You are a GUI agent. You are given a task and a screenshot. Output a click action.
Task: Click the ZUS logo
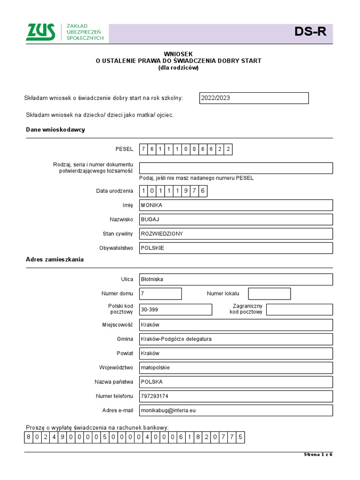tap(41, 32)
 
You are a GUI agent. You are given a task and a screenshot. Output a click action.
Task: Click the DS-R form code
tap(310, 32)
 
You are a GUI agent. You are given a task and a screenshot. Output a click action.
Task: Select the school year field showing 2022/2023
tap(254, 98)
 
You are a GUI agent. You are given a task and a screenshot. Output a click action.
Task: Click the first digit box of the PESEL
tap(144, 150)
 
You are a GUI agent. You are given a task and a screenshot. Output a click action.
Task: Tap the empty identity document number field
tap(236, 168)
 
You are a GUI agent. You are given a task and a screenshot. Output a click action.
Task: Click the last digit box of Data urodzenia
tap(202, 191)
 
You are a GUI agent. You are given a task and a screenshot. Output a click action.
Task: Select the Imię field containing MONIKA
tap(236, 205)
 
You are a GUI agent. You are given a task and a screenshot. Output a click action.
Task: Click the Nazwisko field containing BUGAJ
tap(236, 219)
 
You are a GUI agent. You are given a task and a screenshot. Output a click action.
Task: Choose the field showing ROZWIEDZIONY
tap(236, 233)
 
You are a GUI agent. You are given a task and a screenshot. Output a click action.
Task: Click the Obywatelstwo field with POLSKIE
tap(236, 248)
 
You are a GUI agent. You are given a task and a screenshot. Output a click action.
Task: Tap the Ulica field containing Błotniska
tap(236, 279)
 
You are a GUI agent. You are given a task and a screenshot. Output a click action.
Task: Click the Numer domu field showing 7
tap(160, 293)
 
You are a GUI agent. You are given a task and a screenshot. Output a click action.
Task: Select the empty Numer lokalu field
tap(269, 293)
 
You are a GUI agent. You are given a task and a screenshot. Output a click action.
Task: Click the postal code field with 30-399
tap(175, 309)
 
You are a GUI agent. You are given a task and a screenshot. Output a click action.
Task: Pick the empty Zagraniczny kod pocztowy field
tap(299, 309)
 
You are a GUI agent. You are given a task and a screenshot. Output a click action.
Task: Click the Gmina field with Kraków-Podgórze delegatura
tap(236, 339)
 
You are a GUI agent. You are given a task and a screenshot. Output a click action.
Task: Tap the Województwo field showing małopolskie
tap(236, 367)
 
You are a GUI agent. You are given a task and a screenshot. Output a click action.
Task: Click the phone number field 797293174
tap(236, 396)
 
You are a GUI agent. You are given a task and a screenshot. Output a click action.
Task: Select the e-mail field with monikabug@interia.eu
tap(236, 410)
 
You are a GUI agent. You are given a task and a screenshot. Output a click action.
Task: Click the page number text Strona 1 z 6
tap(318, 455)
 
